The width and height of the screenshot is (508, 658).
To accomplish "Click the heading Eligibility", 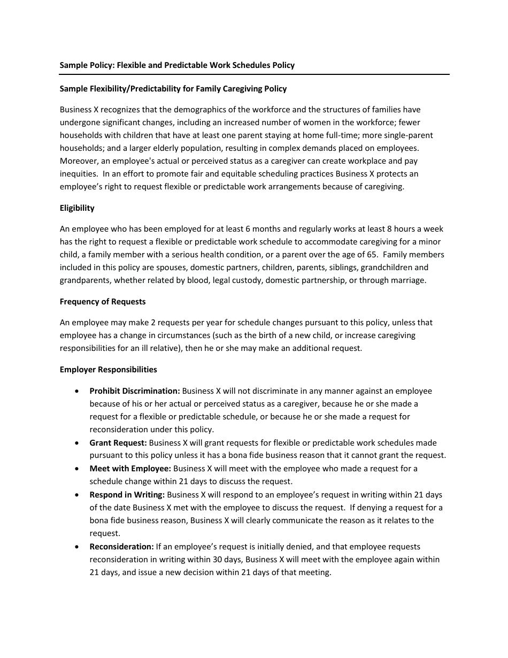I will coord(77,208).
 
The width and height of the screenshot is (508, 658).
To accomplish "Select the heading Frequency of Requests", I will coord(103,302).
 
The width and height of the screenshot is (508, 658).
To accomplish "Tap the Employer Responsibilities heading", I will coord(109,370).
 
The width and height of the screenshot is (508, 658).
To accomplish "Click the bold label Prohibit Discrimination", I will coord(135,391).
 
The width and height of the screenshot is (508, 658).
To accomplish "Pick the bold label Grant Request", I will coord(118,443).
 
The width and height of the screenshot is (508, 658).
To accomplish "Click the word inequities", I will coord(78,174).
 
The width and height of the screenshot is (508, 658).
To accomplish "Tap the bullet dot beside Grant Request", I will coord(78,443).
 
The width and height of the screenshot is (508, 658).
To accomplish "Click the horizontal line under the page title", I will coord(254,74).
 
